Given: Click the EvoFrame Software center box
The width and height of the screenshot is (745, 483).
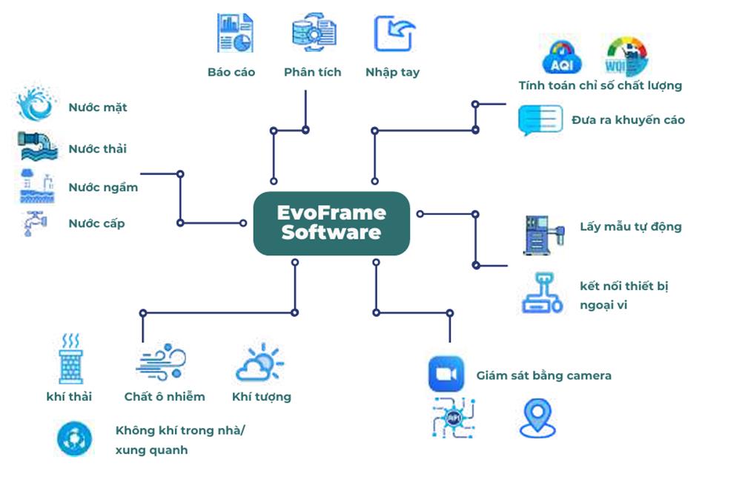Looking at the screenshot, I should coord(331,223).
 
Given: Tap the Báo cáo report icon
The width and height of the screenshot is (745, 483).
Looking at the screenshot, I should coord(235,33).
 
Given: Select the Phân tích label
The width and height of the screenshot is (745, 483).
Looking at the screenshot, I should coord(312,72).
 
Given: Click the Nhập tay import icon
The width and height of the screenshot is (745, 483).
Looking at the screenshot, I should coord(394,34).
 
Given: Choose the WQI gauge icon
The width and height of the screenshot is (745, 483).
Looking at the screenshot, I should coord(626,56).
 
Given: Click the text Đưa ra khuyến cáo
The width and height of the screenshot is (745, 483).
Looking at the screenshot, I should coord(628,119).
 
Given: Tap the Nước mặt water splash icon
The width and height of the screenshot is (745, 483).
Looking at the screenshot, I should coord(36,105).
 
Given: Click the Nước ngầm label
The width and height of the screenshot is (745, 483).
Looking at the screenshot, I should coord(103,187).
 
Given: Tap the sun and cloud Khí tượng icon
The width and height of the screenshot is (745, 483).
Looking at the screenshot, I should coord(259,362).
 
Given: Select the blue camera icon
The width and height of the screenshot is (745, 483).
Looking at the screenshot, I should coord(446,374).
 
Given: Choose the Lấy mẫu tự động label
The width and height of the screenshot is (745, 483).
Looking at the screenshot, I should coord(630,227).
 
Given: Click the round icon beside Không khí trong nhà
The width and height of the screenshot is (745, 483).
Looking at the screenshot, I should coord(75,438).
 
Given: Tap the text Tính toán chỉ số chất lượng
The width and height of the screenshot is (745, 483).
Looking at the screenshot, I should coord(600,85).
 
